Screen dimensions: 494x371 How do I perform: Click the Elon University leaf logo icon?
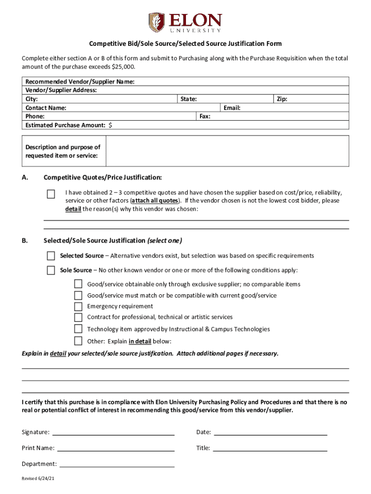[156, 22]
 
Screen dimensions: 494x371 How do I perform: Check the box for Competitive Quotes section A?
[51, 194]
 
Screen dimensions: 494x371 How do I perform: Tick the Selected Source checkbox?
[51, 256]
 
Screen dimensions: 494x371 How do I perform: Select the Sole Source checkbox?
[51, 270]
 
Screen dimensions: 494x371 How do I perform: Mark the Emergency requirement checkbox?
[78, 306]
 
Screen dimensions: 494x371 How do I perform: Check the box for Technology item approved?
[78, 329]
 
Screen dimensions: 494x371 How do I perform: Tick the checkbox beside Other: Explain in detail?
[78, 341]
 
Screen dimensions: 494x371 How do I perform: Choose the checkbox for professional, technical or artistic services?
[78, 317]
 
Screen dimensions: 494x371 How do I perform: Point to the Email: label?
[232, 108]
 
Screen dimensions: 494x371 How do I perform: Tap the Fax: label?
[205, 116]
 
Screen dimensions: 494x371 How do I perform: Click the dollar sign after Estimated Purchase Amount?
[111, 125]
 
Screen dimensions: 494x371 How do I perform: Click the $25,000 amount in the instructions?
[123, 67]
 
